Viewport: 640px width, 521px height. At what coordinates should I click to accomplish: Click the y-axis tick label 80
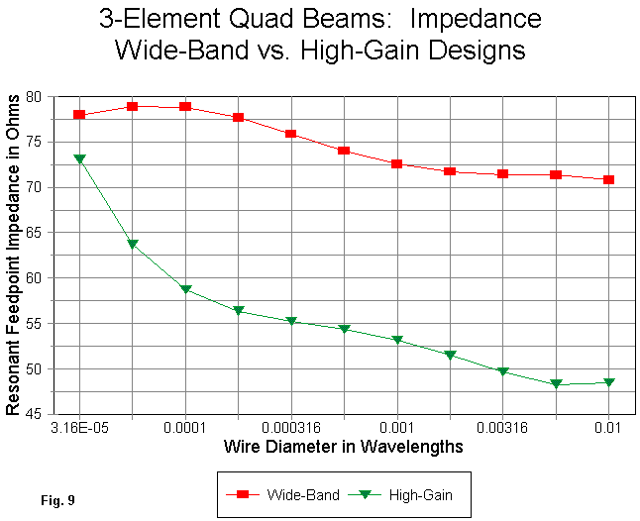click(x=42, y=96)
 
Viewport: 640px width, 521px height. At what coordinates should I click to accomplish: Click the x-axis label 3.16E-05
click(x=80, y=428)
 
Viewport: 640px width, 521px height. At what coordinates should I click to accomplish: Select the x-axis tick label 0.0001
click(x=185, y=428)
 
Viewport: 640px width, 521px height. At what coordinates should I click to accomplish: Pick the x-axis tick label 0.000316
click(x=291, y=428)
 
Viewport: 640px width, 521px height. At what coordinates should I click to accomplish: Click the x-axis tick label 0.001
click(x=396, y=428)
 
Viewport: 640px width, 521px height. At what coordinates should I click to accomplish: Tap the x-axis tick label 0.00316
click(x=502, y=428)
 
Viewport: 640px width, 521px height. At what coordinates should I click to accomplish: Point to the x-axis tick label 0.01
click(x=607, y=428)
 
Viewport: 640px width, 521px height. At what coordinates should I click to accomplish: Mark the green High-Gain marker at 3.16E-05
click(x=80, y=158)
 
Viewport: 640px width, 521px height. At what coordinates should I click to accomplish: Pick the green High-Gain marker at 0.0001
click(x=185, y=289)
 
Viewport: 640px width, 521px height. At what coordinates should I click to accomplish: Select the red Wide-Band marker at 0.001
click(x=396, y=163)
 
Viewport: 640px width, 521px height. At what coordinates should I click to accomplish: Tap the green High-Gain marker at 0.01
click(x=607, y=382)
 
